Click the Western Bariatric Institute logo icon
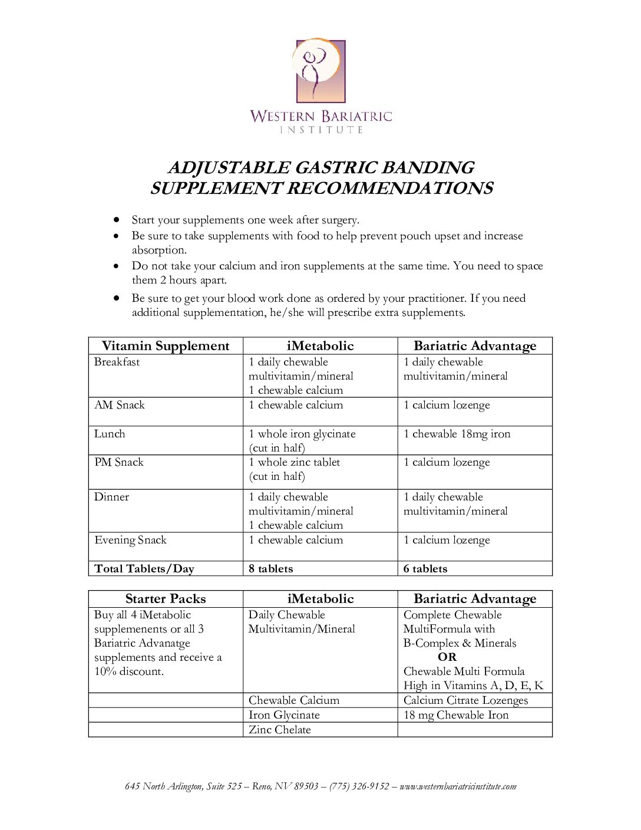tap(320, 71)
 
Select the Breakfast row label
tap(117, 362)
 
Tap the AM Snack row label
tap(120, 405)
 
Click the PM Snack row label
tap(119, 462)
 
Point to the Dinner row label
tap(111, 497)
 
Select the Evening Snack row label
tap(130, 540)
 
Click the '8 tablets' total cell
tap(270, 569)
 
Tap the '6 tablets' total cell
tap(425, 569)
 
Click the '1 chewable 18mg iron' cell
tap(457, 434)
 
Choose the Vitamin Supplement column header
tap(166, 346)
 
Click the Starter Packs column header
tap(166, 599)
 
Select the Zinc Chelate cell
tap(279, 730)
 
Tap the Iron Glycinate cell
tap(284, 715)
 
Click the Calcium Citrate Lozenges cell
tap(465, 700)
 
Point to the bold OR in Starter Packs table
tap(447, 657)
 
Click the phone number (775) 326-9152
tap(359, 786)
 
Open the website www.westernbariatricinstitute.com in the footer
tap(458, 786)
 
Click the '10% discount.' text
tap(129, 671)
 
